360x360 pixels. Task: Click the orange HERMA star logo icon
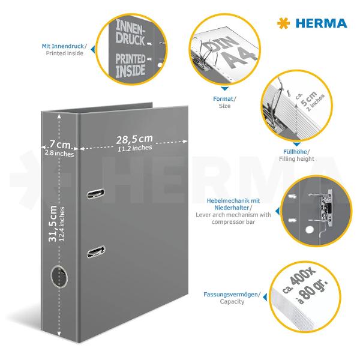coord(283,23)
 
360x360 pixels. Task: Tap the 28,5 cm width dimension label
coord(135,139)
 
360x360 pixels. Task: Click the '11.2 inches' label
coord(134,148)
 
